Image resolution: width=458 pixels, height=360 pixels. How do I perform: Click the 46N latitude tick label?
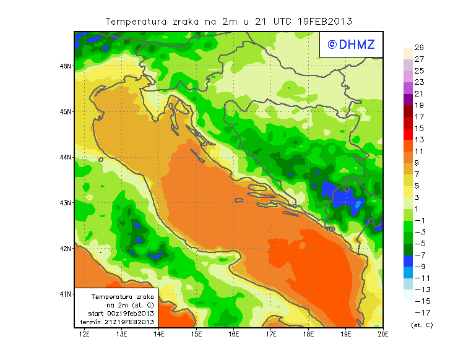click(65, 66)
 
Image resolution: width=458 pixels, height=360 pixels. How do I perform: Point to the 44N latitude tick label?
click(65, 157)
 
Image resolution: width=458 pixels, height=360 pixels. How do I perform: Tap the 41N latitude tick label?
click(65, 294)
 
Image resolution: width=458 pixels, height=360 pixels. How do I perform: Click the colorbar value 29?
click(419, 48)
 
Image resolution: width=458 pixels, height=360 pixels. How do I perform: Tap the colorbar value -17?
click(420, 312)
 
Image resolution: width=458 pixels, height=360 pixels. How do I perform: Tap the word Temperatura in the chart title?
click(136, 21)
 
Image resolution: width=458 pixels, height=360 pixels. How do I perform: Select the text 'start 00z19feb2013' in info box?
click(116, 314)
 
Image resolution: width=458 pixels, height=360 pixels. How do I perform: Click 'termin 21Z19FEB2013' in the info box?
click(116, 322)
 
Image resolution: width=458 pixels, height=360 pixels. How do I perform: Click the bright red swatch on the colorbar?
click(407, 134)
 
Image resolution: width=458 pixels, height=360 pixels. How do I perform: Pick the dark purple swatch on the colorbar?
click(407, 99)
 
